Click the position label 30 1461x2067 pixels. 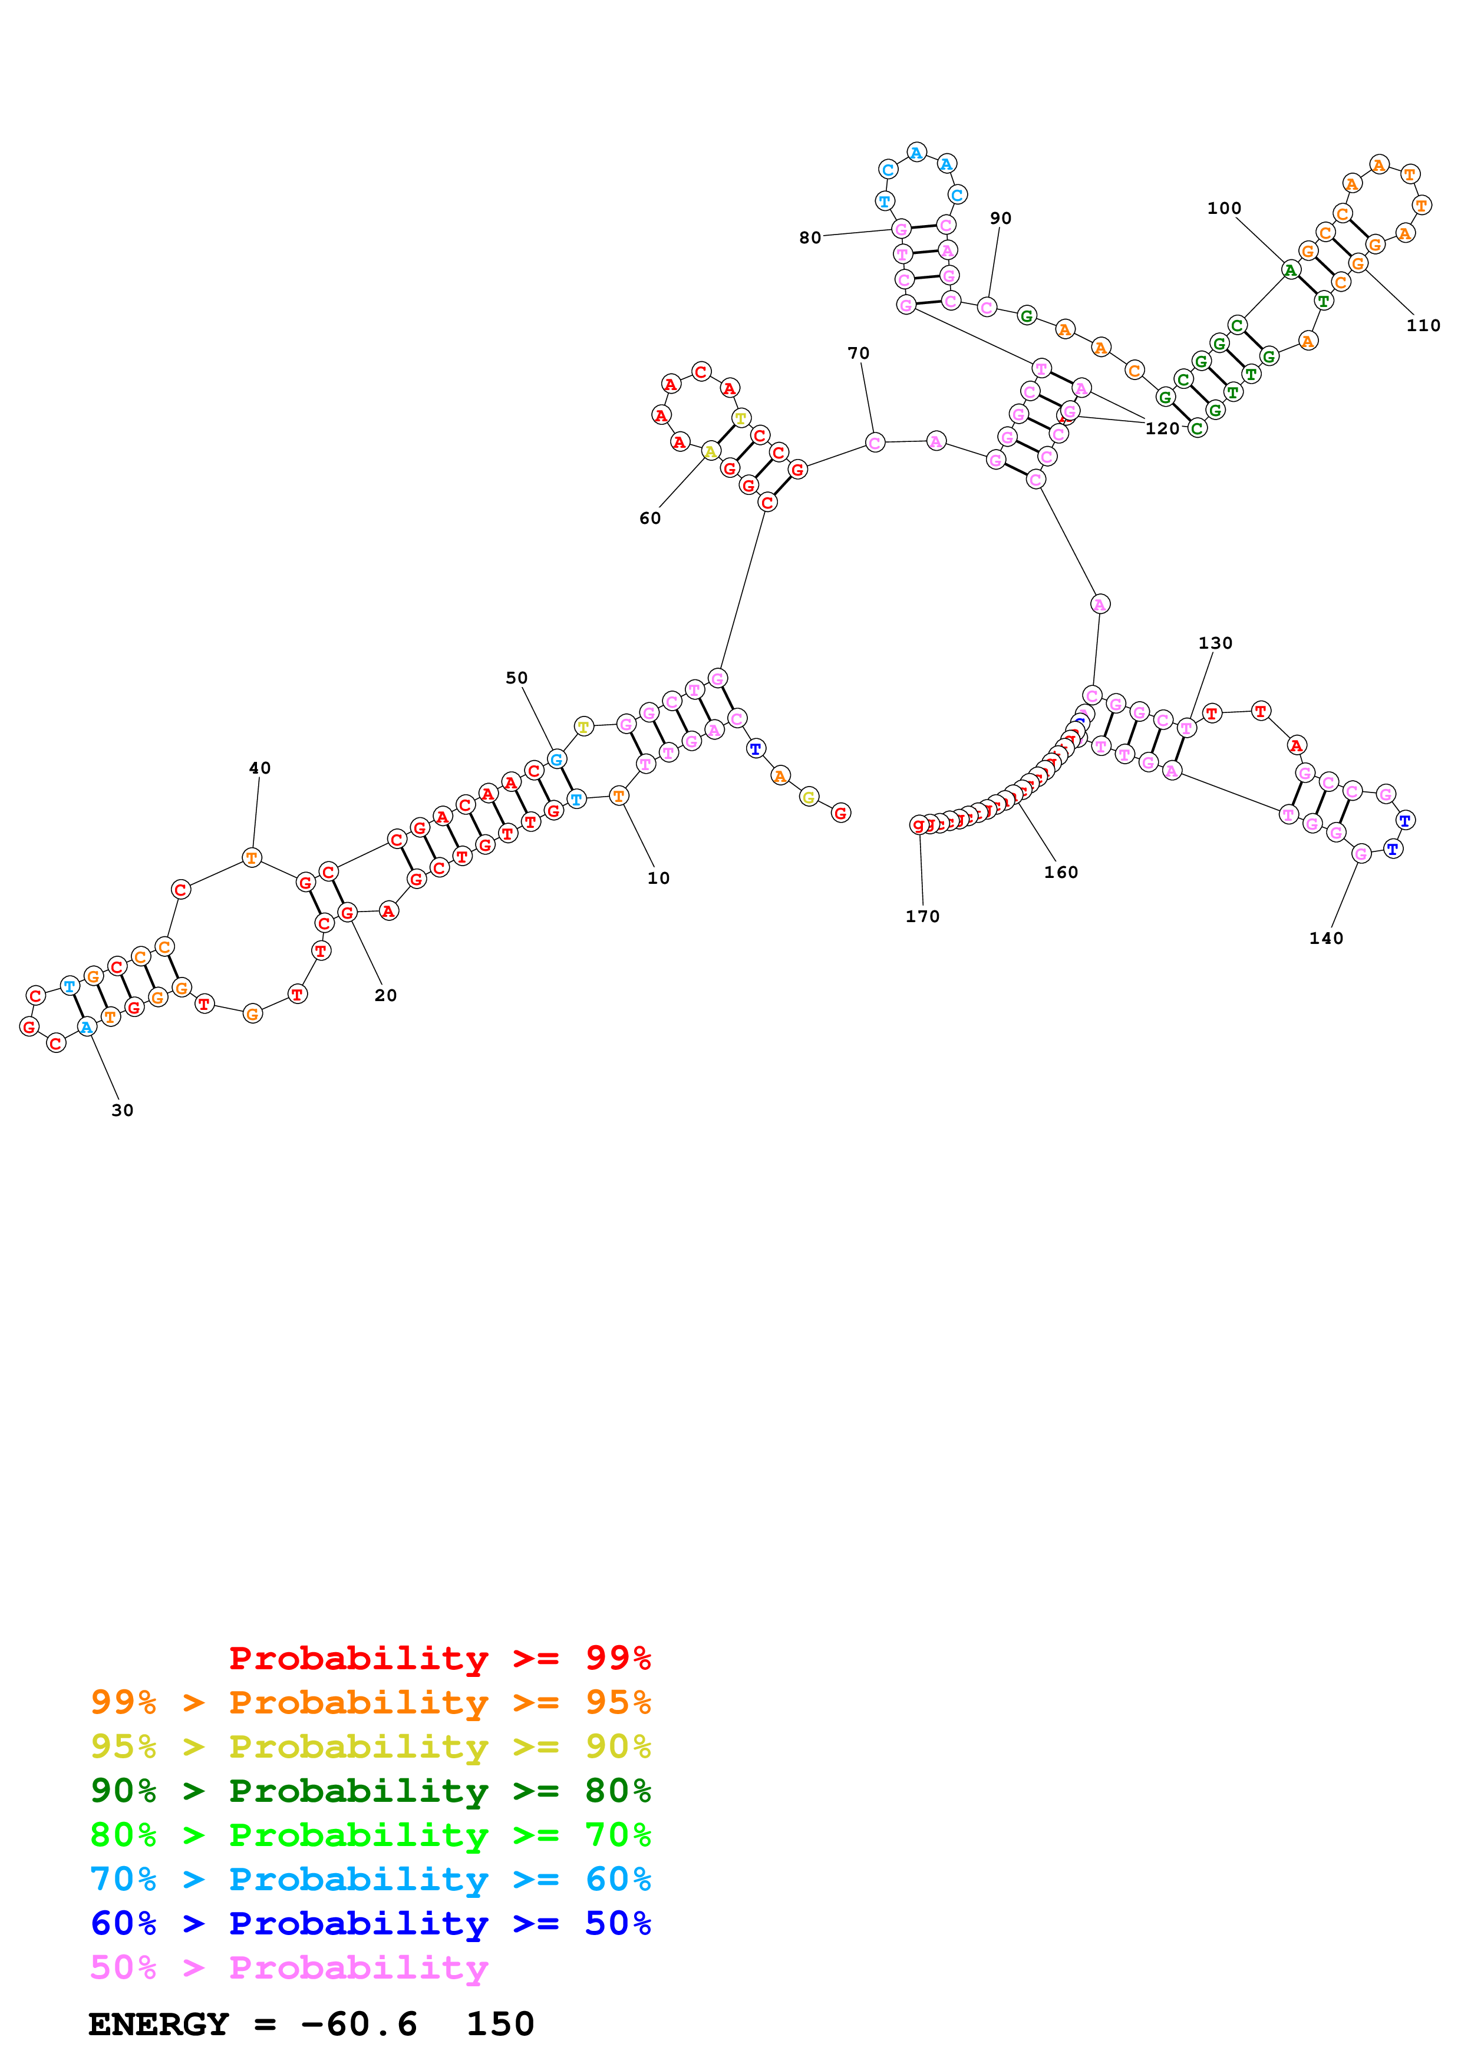(x=123, y=1110)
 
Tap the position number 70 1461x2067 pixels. (x=858, y=353)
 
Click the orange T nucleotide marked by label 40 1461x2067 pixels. (x=252, y=858)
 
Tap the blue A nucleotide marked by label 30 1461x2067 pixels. (x=87, y=1026)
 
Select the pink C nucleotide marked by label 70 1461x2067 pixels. (x=874, y=442)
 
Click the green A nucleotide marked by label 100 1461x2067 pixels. (x=1290, y=269)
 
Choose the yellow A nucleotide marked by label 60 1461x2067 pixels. (x=710, y=451)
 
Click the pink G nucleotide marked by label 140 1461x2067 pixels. (x=1361, y=853)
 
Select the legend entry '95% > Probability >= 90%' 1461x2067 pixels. (x=370, y=1746)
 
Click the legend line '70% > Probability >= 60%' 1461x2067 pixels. (x=370, y=1879)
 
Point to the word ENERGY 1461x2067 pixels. (x=159, y=2024)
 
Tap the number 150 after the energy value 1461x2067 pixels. (x=500, y=2024)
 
